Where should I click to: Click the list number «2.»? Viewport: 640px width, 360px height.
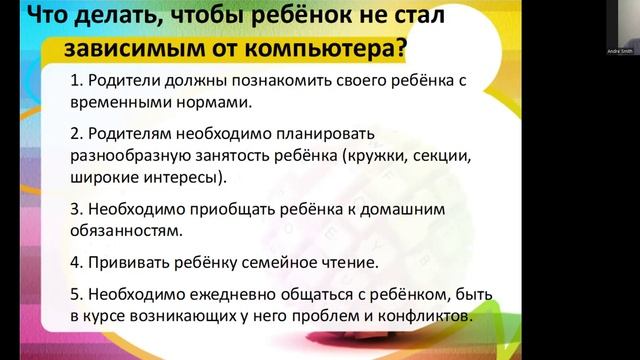(x=78, y=134)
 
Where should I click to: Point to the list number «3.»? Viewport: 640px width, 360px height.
(x=78, y=210)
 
